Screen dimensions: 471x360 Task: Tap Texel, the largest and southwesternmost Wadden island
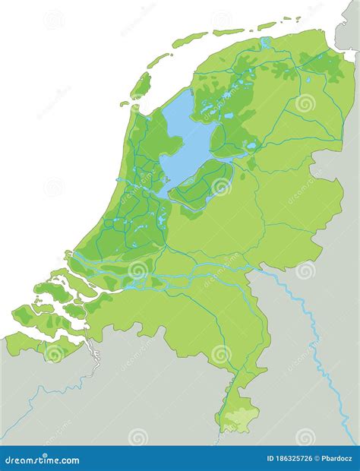click(141, 84)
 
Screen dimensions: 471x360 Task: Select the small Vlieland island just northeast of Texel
click(158, 59)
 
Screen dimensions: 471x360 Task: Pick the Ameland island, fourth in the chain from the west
click(228, 32)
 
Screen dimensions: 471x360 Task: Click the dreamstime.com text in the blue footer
click(43, 460)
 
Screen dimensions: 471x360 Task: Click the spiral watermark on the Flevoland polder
click(221, 187)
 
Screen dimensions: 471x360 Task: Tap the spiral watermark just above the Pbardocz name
click(305, 436)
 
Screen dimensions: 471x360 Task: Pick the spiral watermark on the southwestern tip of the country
click(54, 353)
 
